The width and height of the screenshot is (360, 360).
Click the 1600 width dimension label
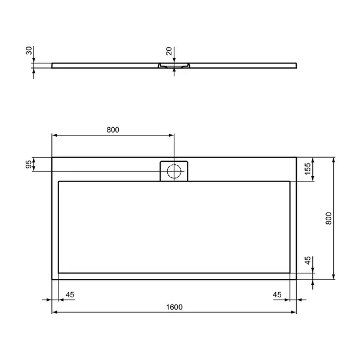click(174, 307)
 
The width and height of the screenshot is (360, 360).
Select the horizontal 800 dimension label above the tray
click(113, 130)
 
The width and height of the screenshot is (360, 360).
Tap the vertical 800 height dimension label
click(328, 219)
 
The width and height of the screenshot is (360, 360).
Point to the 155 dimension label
click(307, 168)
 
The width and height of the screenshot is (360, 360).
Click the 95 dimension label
click(29, 164)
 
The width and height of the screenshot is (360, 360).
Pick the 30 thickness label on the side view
click(29, 51)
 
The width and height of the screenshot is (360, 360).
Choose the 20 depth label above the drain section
click(169, 51)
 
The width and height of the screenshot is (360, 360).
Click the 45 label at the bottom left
click(70, 294)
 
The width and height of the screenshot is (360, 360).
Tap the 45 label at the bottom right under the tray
click(277, 294)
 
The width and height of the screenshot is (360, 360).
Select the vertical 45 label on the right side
click(307, 260)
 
